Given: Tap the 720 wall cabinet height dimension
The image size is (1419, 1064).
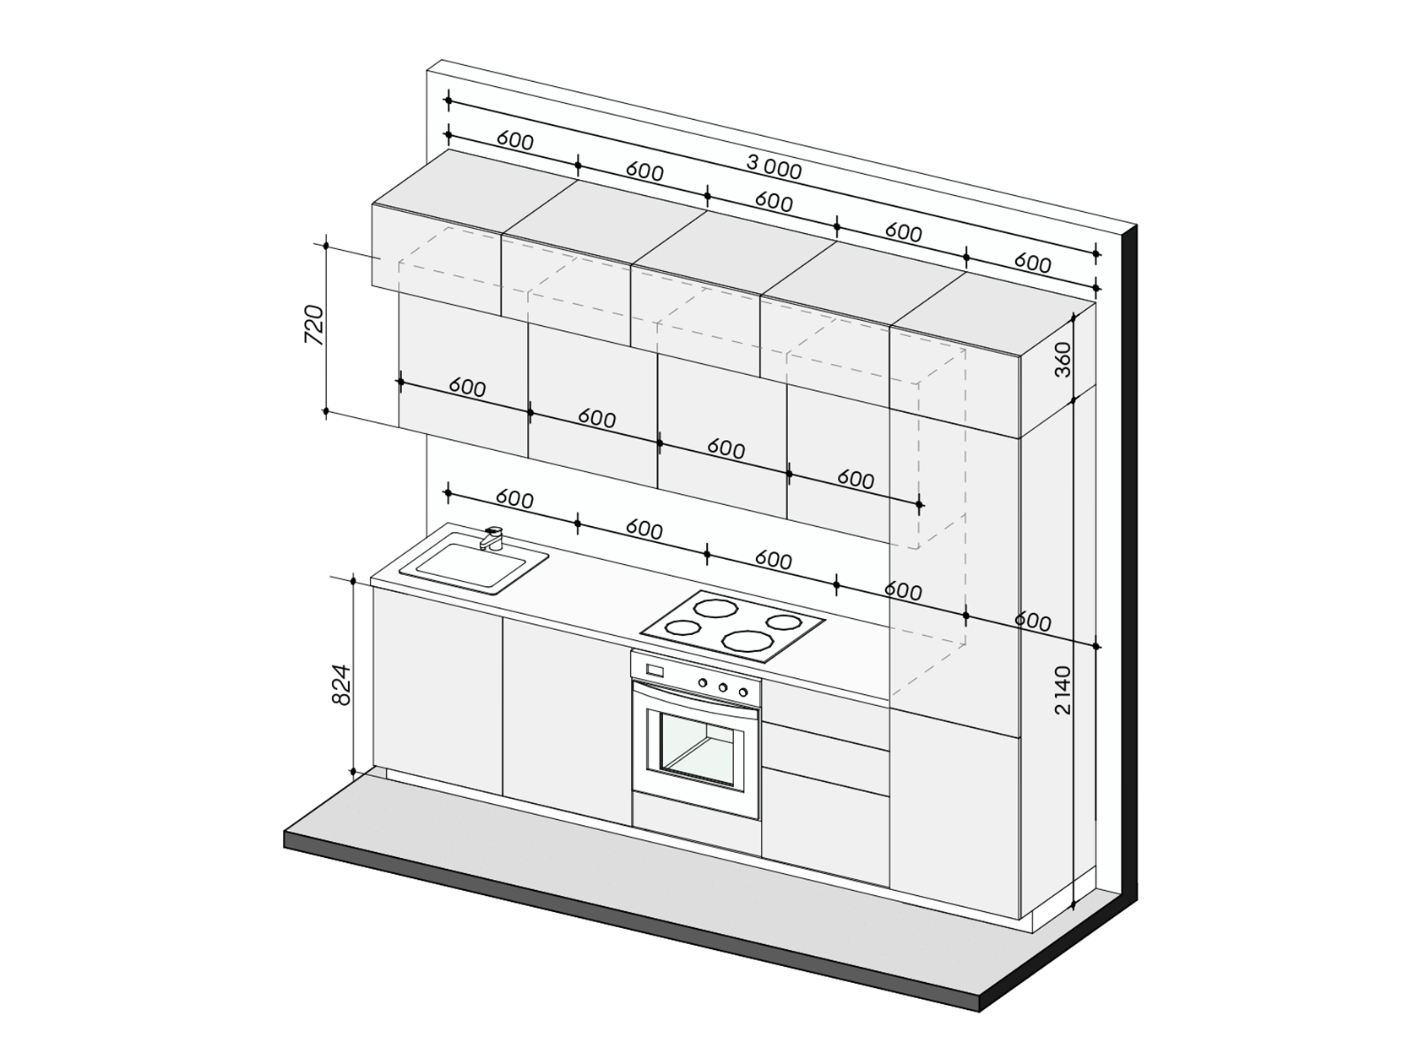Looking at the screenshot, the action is (314, 324).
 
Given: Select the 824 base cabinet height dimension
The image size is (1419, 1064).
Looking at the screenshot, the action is (340, 685).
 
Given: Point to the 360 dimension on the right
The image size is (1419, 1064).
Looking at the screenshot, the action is (1063, 360).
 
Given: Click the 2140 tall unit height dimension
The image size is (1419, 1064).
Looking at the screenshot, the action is (1063, 691).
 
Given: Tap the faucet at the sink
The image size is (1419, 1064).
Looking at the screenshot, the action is (491, 538).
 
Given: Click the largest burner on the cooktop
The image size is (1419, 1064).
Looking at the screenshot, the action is (748, 640).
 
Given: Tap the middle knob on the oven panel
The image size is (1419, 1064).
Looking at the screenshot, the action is (723, 687).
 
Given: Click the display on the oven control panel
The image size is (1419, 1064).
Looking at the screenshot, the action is (655, 670).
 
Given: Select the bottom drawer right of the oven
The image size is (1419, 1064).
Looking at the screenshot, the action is (825, 827).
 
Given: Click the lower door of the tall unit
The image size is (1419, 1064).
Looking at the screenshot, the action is (954, 814).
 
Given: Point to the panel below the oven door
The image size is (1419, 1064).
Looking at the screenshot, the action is (696, 823).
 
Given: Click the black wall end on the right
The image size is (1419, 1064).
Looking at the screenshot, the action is (1129, 562).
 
